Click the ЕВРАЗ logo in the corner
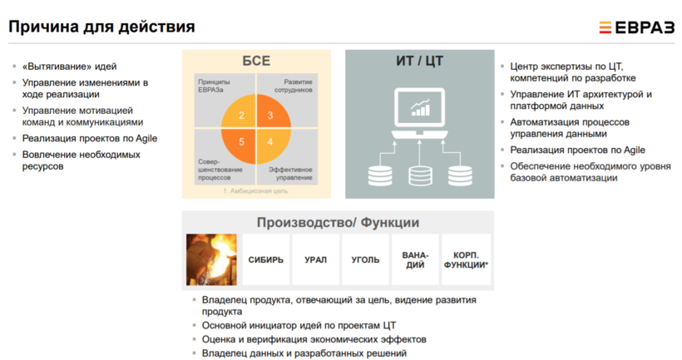pos(636,27)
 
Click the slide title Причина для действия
pos(101,27)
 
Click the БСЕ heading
pos(256,61)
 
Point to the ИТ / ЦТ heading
pos(419,61)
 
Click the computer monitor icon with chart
pos(419,113)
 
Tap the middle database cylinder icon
pos(420,175)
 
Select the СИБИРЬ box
pos(266,259)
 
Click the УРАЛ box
pos(316,259)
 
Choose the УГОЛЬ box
pos(365,259)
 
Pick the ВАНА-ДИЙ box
pos(415,259)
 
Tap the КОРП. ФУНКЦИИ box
pos(466,259)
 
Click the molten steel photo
pos(211,259)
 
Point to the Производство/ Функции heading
pos(338,223)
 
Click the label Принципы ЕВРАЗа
pos(214,86)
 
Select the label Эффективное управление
pos(290,174)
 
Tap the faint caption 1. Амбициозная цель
pos(255,191)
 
